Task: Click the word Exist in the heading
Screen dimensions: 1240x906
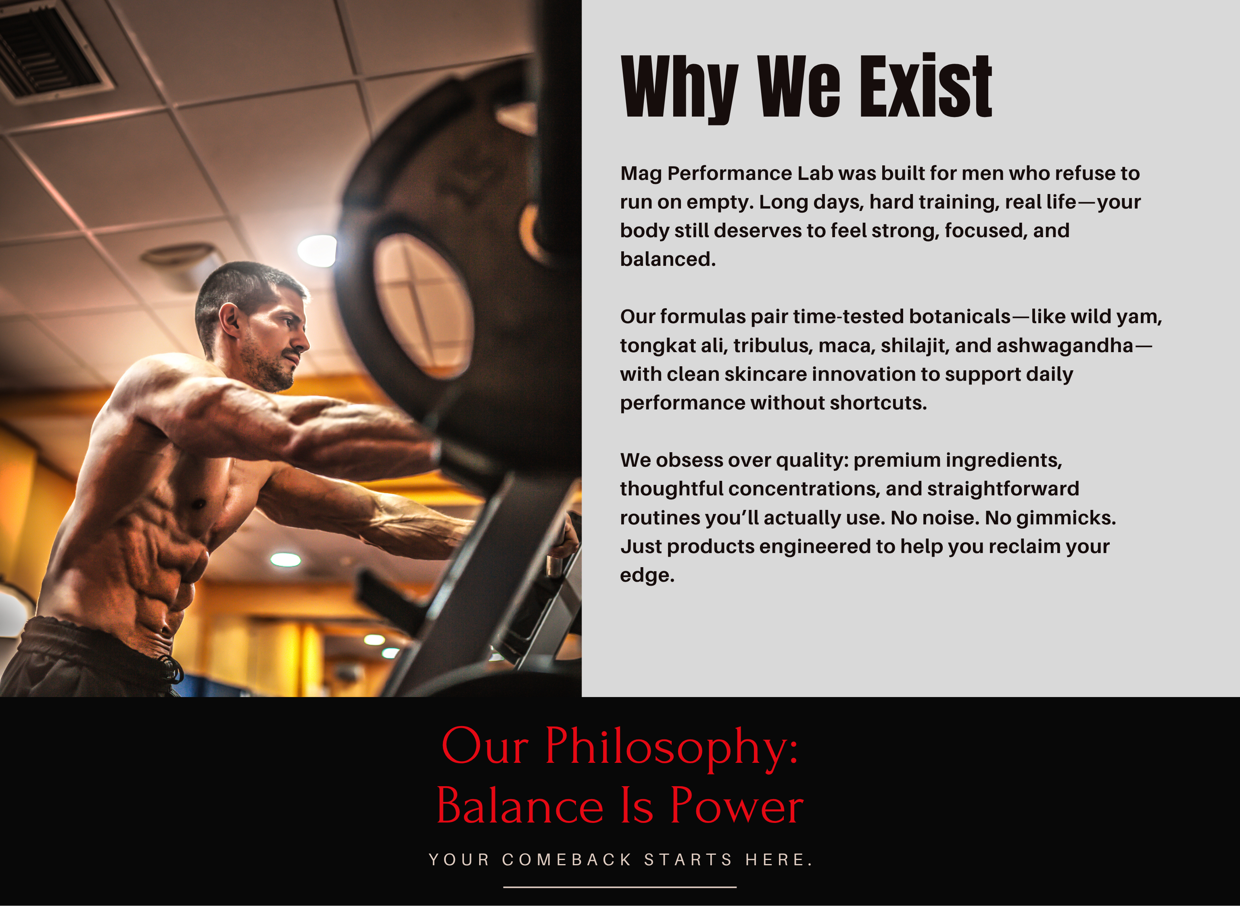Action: [x=926, y=86]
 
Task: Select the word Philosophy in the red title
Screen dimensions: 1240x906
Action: [x=671, y=748]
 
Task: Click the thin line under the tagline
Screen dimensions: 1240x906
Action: [x=620, y=887]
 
